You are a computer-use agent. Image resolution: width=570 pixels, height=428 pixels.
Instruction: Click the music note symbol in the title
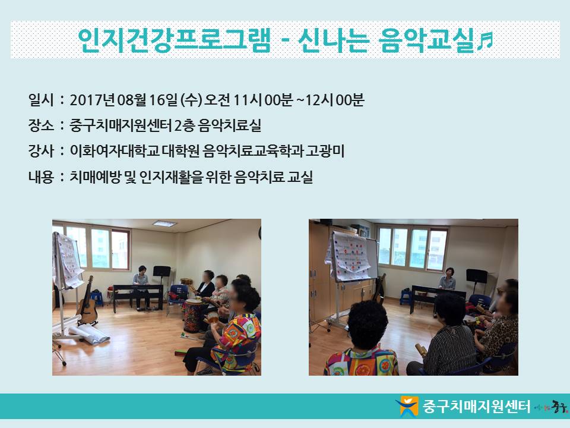pyautogui.click(x=484, y=40)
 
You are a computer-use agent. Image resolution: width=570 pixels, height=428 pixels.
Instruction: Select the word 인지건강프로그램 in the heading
pyautogui.click(x=174, y=40)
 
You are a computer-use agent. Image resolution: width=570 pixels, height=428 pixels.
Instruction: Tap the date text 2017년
pyautogui.click(x=93, y=100)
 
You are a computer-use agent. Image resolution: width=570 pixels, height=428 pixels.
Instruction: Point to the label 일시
pyautogui.click(x=41, y=100)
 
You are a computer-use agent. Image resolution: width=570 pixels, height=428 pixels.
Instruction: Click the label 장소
pyautogui.click(x=41, y=125)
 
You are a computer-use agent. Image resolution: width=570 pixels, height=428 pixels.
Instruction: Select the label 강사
pyautogui.click(x=41, y=151)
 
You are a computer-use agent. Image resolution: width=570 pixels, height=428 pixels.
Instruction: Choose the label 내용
pyautogui.click(x=41, y=177)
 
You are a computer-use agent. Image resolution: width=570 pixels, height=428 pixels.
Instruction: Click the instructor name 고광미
pyautogui.click(x=325, y=151)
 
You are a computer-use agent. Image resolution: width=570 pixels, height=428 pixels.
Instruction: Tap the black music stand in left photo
pyautogui.click(x=161, y=276)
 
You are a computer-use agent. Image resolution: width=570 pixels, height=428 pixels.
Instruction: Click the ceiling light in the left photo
pyautogui.click(x=164, y=224)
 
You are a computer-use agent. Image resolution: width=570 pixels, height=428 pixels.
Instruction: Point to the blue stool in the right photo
pyautogui.click(x=406, y=297)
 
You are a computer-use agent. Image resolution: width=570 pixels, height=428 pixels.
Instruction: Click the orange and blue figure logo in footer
pyautogui.click(x=408, y=406)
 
